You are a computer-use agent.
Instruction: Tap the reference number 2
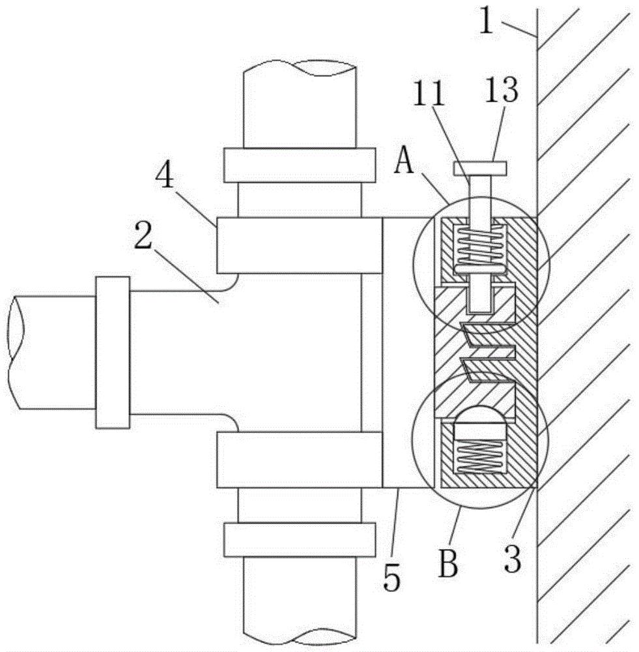coord(143,235)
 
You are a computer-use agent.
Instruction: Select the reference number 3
coord(512,559)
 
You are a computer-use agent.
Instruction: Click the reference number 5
coord(391,577)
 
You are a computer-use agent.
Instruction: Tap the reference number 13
coord(502,89)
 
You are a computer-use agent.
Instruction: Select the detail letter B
coord(448,564)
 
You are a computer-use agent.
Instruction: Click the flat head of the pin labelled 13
coord(480,168)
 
